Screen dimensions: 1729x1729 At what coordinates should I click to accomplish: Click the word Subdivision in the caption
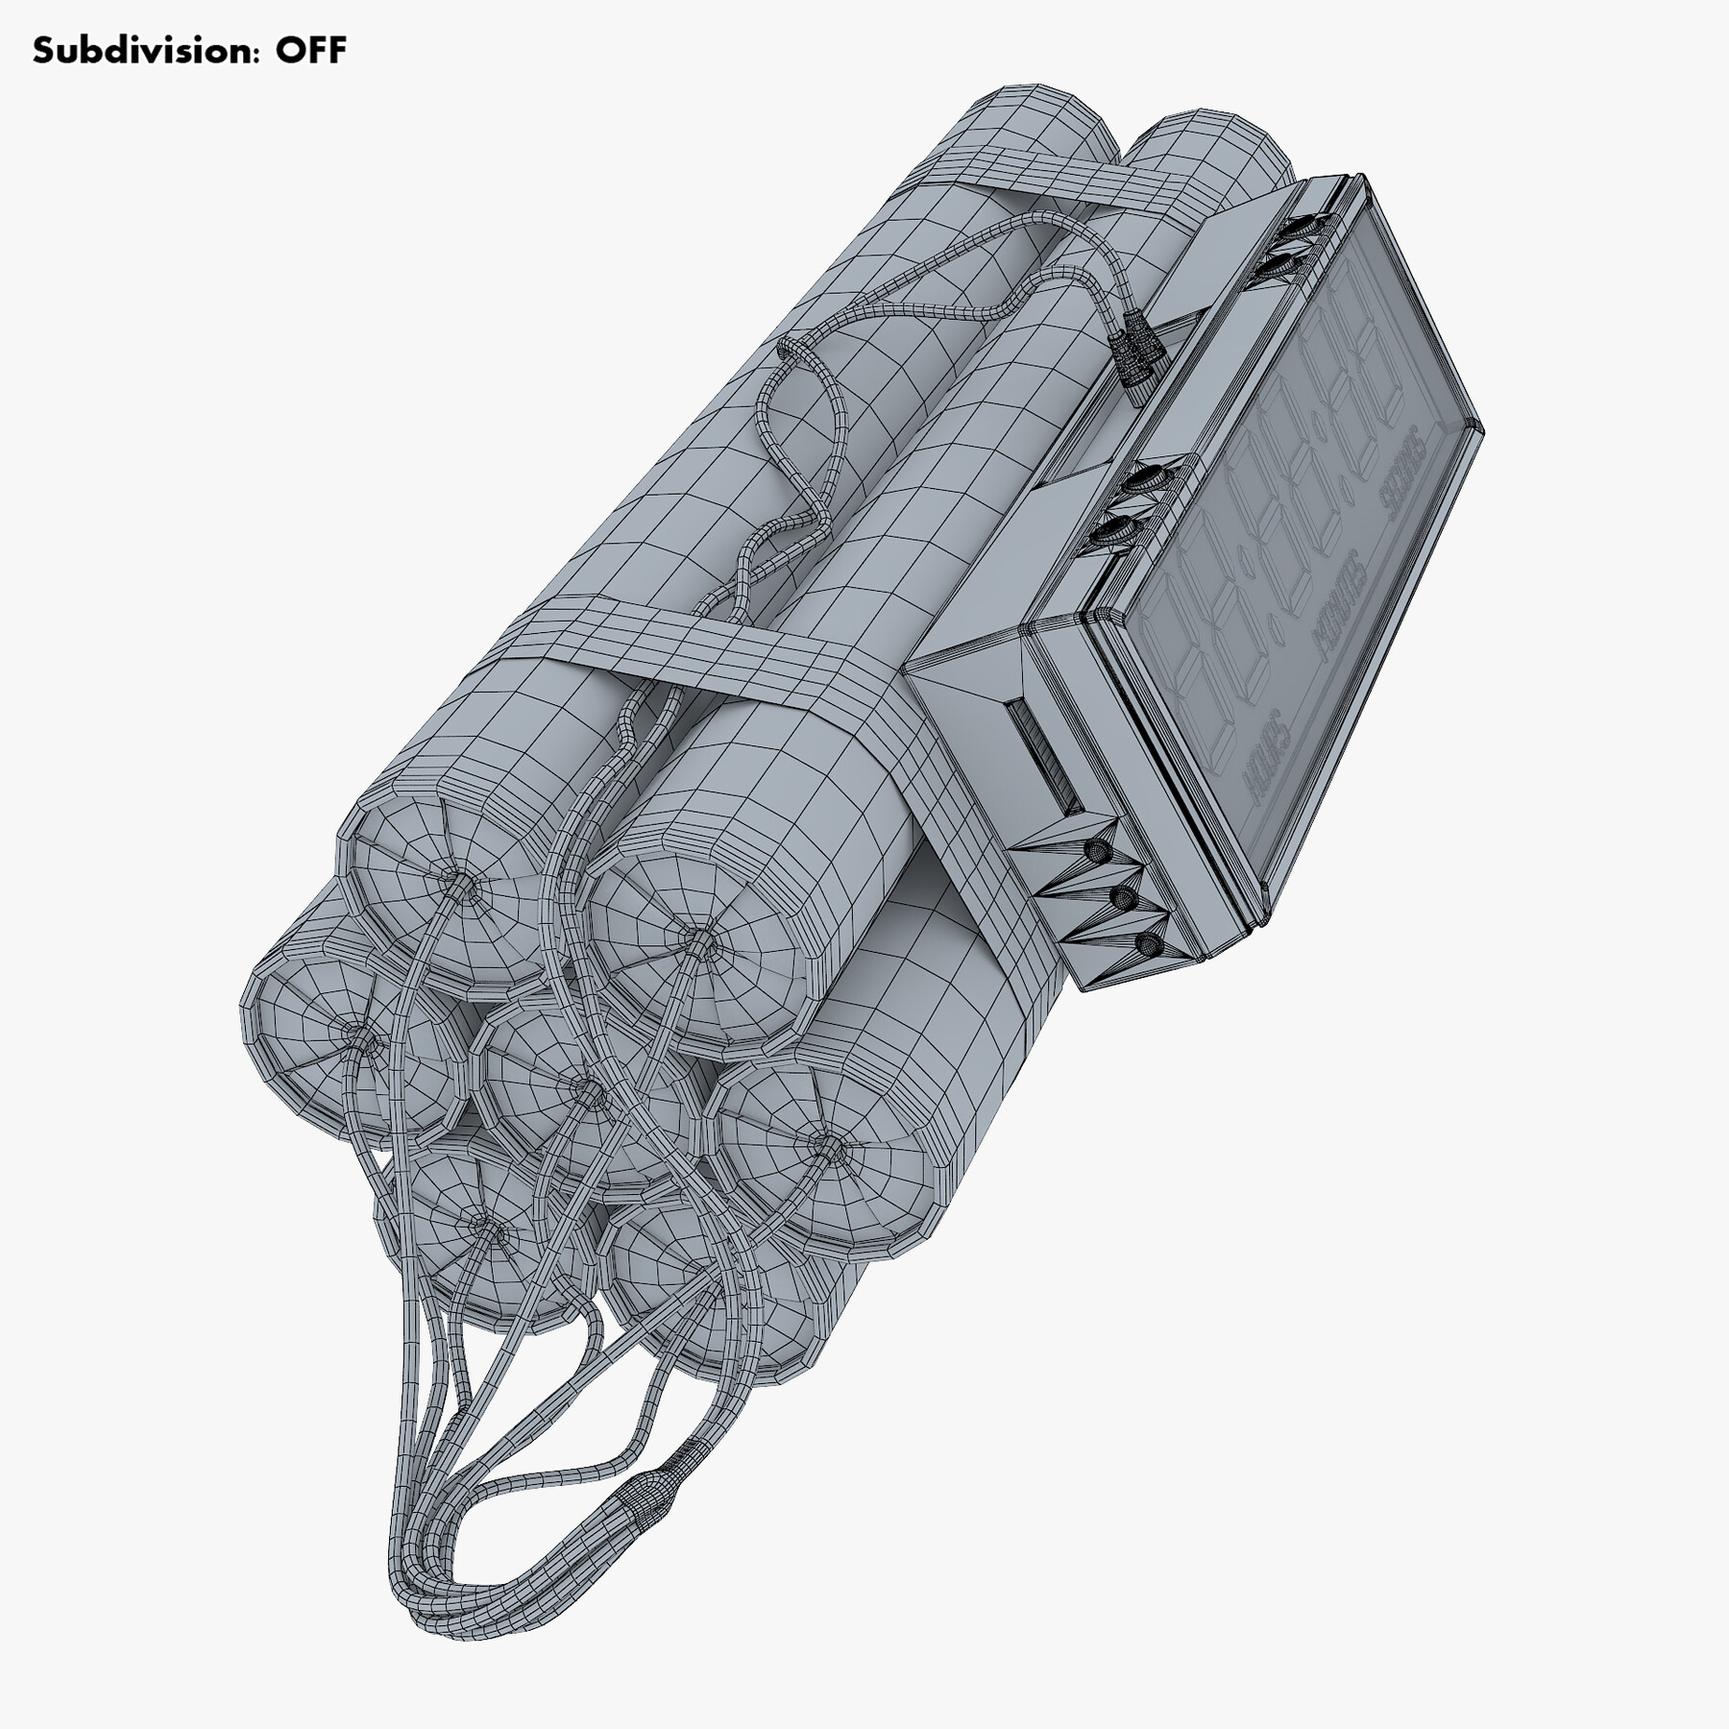click(x=144, y=51)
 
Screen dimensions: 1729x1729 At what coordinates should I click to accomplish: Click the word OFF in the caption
click(x=311, y=51)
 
